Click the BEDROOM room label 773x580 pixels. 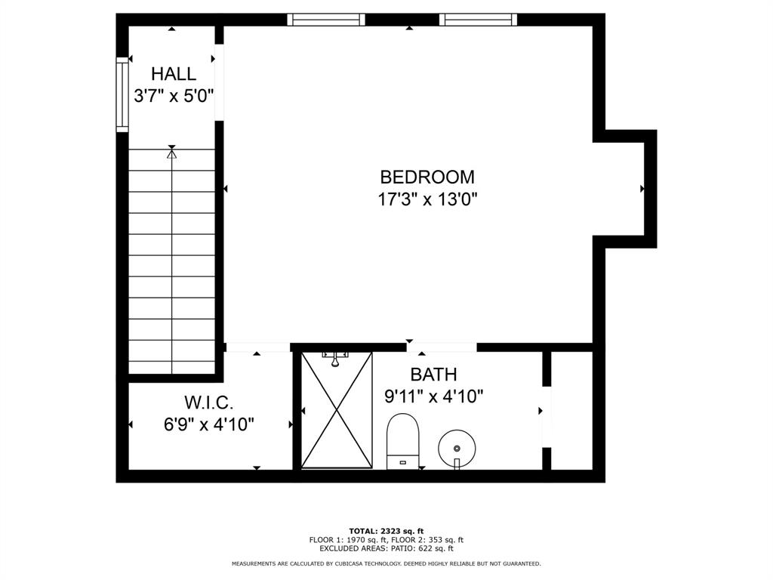tap(427, 177)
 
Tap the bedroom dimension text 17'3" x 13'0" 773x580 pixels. tap(427, 199)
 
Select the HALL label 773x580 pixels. tap(174, 74)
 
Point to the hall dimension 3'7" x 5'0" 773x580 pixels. tap(174, 96)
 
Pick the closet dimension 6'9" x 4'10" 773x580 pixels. tap(209, 424)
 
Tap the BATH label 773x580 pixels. tap(433, 374)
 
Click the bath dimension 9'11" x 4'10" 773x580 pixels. tap(433, 396)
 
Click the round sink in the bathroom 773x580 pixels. tap(457, 447)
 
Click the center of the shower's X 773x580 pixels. tap(337, 410)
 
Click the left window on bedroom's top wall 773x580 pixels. tap(326, 20)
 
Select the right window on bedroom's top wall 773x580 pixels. tap(478, 20)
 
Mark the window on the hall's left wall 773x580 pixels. tap(122, 94)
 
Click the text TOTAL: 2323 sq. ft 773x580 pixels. tap(386, 531)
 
